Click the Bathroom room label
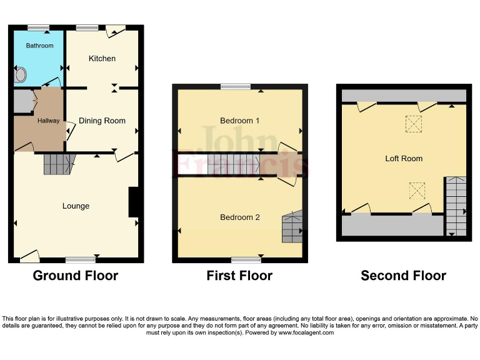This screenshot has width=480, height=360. pyautogui.click(x=39, y=46)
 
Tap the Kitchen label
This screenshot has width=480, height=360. pyautogui.click(x=102, y=59)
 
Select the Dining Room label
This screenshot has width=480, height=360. pyautogui.click(x=102, y=121)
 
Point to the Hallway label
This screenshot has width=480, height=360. pyautogui.click(x=48, y=121)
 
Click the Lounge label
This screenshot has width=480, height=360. pyautogui.click(x=76, y=206)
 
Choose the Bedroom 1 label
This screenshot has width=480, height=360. pyautogui.click(x=240, y=121)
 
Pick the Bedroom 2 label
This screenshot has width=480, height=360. pyautogui.click(x=240, y=217)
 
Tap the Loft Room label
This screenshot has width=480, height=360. pyautogui.click(x=404, y=159)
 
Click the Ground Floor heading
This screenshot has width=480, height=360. pyautogui.click(x=75, y=276)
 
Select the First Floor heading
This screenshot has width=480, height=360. pyautogui.click(x=239, y=276)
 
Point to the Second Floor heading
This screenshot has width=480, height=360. pyautogui.click(x=403, y=276)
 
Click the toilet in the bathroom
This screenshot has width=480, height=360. pyautogui.click(x=21, y=76)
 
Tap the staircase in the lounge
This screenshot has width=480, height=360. pyautogui.click(x=58, y=164)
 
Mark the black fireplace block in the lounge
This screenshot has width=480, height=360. pyautogui.click(x=133, y=202)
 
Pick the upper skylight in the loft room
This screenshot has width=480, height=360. pyautogui.click(x=413, y=124)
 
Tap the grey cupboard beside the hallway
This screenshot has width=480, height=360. pyautogui.click(x=23, y=101)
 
